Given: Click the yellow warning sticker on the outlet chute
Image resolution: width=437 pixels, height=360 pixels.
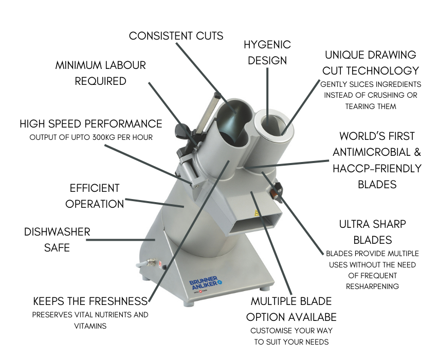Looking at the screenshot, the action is click(x=257, y=213).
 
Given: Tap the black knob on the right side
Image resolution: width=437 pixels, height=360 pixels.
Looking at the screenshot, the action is click(x=277, y=191).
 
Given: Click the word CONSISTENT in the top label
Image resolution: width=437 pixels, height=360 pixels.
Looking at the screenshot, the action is click(x=160, y=36).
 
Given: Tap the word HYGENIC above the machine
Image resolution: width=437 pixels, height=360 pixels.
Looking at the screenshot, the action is click(x=267, y=45).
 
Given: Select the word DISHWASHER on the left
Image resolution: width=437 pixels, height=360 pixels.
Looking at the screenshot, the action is click(x=57, y=232).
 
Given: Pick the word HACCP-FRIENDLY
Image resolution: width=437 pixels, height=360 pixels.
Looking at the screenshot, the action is click(x=377, y=168).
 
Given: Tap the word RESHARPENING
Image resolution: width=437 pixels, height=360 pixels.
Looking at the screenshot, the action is click(x=372, y=286).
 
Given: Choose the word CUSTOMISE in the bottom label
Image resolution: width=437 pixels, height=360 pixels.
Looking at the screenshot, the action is click(x=268, y=331).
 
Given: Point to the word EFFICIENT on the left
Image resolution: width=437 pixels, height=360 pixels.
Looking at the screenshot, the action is click(x=95, y=188).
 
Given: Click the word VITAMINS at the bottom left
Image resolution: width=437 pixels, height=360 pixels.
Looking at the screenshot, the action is click(x=90, y=326).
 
